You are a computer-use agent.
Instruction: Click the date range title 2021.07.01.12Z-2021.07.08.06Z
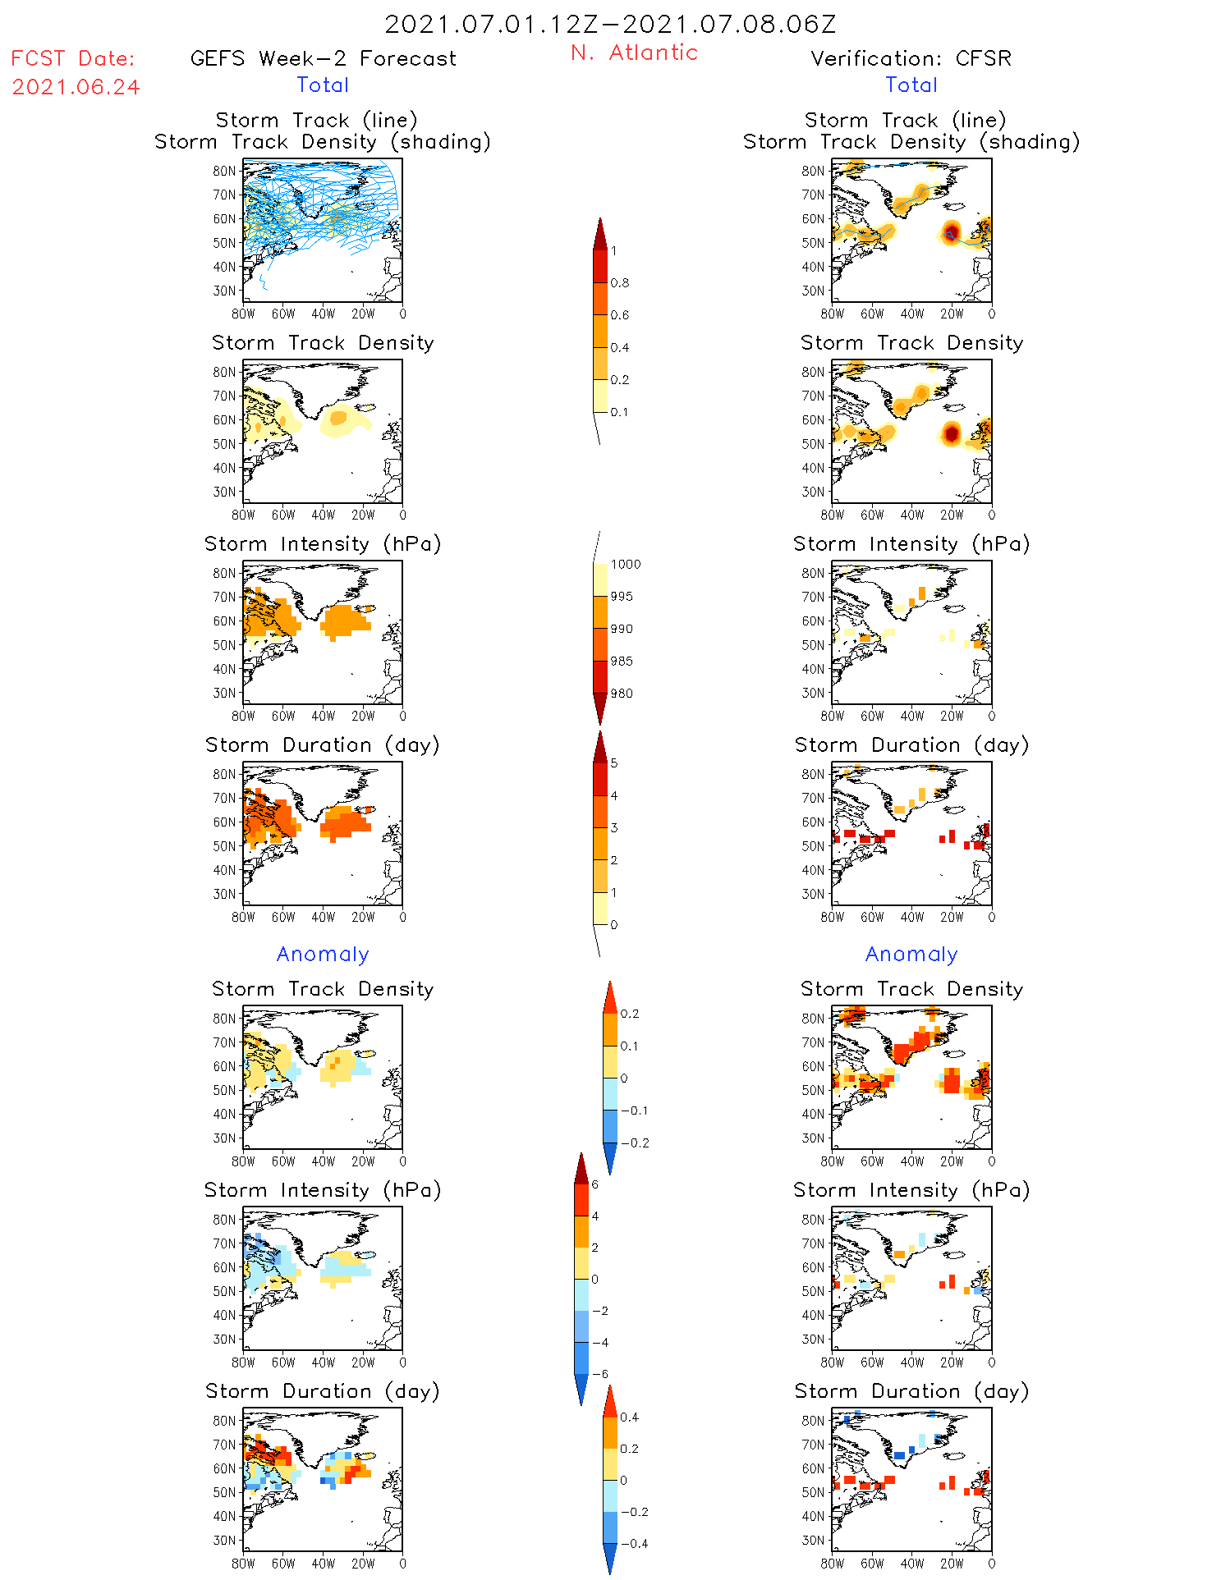click(x=610, y=24)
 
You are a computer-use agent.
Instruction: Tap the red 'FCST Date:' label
click(x=73, y=58)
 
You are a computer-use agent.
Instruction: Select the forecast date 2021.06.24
click(x=76, y=87)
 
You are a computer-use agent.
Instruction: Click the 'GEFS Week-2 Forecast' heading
click(x=323, y=58)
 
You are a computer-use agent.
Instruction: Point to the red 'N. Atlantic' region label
click(x=634, y=53)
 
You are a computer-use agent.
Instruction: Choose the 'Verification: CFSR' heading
click(x=911, y=58)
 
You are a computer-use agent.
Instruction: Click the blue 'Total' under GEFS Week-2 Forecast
click(x=323, y=85)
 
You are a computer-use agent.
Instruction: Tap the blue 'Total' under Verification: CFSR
click(x=911, y=85)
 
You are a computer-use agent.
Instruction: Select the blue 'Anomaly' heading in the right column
click(x=911, y=954)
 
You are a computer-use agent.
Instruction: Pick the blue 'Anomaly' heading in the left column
click(x=323, y=954)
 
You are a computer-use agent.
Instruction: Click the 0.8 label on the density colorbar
click(x=620, y=283)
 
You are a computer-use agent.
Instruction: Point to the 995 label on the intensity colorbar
click(x=622, y=597)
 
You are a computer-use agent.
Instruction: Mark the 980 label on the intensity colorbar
click(x=622, y=694)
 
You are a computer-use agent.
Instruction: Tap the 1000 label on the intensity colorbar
click(x=625, y=565)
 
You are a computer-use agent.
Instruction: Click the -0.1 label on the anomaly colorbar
click(x=634, y=1111)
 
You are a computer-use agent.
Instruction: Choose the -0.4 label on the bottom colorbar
click(x=634, y=1543)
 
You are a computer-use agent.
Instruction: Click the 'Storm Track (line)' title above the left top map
click(x=316, y=120)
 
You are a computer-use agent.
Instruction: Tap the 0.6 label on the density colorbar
click(x=620, y=315)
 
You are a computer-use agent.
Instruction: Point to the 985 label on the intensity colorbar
click(x=622, y=662)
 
